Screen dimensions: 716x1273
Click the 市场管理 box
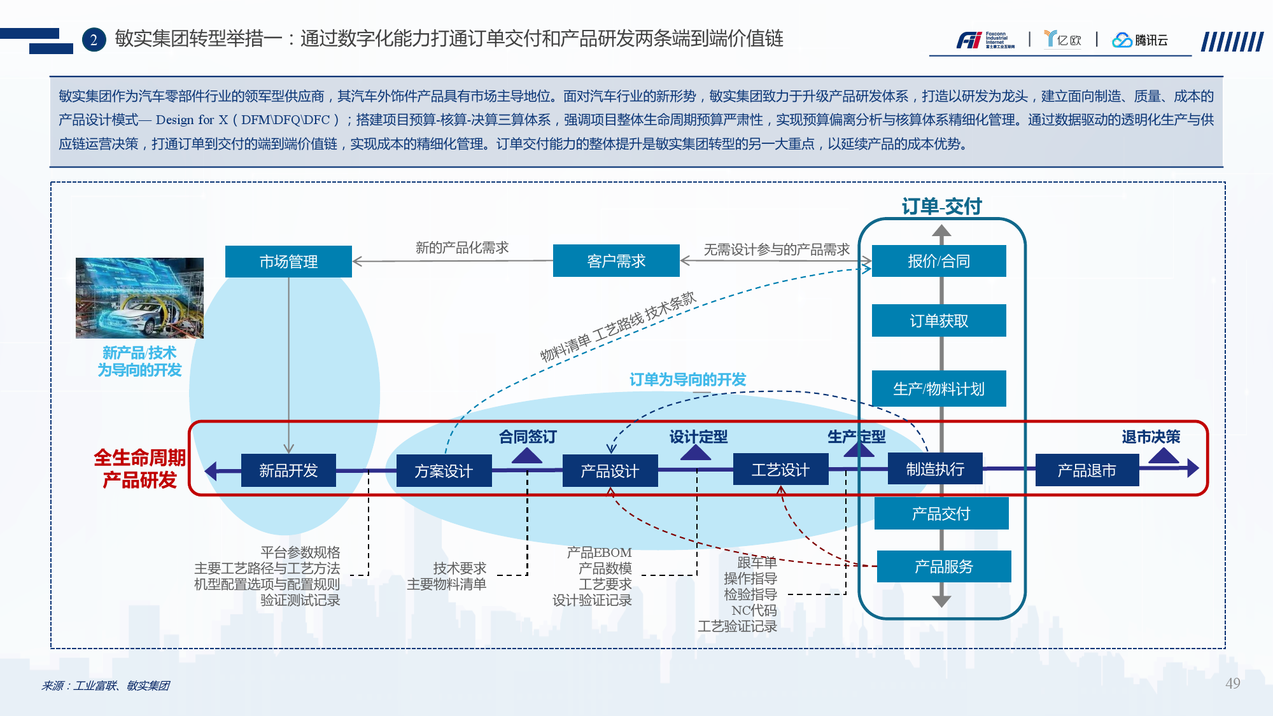coord(288,262)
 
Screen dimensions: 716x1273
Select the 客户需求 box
coord(616,261)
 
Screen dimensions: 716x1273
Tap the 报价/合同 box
coord(939,261)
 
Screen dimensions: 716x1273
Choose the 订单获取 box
coord(939,321)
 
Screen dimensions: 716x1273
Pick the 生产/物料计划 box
coord(939,389)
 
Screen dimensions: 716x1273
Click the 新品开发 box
coord(288,471)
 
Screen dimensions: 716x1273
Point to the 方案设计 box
coord(444,472)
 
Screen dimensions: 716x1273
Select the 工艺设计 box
coord(780,470)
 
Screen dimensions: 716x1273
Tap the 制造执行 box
coord(935,470)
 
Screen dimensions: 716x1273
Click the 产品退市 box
coord(1087,471)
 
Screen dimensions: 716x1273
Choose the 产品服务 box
coord(944,566)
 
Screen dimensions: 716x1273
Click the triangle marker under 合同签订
coord(527,456)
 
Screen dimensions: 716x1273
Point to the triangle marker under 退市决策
coord(1164,456)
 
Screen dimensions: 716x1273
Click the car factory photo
coord(139,298)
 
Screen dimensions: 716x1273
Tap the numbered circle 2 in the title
coord(94,40)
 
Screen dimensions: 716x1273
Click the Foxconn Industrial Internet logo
coord(985,40)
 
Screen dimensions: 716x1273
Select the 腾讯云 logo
coord(1139,40)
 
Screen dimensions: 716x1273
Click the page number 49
coord(1232,684)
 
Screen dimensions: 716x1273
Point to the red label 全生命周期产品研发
coord(139,468)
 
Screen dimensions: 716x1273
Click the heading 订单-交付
coord(941,206)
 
